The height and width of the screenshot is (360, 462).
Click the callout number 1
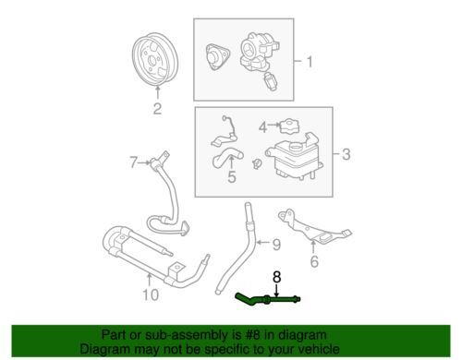310,62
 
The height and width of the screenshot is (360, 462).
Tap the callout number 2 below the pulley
157,109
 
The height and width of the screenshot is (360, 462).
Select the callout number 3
346,154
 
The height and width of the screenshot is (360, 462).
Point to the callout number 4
262,126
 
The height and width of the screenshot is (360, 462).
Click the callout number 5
232,177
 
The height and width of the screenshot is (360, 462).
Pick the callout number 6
314,261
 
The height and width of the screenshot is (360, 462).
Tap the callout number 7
133,162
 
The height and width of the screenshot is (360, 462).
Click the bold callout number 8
277,277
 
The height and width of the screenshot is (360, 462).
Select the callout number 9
276,245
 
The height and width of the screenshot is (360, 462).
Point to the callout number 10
151,294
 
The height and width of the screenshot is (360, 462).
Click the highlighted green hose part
267,299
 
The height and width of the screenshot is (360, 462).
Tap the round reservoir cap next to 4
289,126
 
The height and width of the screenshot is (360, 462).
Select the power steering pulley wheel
154,62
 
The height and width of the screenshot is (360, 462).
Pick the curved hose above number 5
227,158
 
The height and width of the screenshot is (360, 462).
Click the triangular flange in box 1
217,56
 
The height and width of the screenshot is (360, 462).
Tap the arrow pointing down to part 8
276,290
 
